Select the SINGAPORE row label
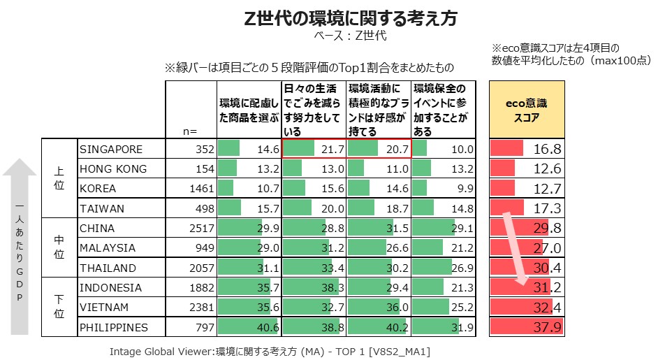[x=111, y=150]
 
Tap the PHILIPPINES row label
[x=114, y=327]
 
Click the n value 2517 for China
[x=198, y=229]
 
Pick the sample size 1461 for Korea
[x=198, y=189]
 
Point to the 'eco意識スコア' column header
[x=526, y=110]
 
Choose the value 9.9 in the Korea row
[x=465, y=189]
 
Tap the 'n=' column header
[x=190, y=131]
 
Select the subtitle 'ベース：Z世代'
[x=351, y=35]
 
